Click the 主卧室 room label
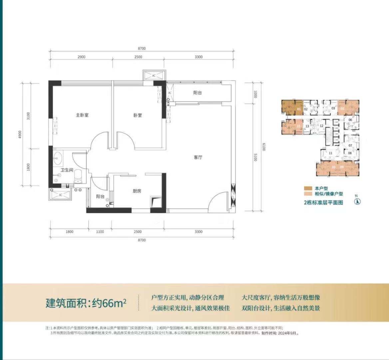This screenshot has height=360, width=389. coord(82,115)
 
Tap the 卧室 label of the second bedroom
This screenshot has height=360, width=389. coord(138,115)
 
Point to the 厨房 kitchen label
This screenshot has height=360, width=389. coord(137,191)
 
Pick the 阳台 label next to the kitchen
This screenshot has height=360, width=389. coord(100,197)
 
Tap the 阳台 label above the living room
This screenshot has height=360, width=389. coord(197,93)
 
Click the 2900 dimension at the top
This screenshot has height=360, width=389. coord(81,57)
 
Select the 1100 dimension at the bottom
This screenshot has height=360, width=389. coord(100,232)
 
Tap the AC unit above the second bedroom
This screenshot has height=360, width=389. coord(154,76)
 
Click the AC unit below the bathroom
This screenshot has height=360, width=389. coord(60,195)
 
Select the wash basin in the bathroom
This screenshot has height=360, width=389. coord(59,158)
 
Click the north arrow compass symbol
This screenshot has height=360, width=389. coord(357,201)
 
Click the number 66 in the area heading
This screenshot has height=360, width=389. coord(107,304)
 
